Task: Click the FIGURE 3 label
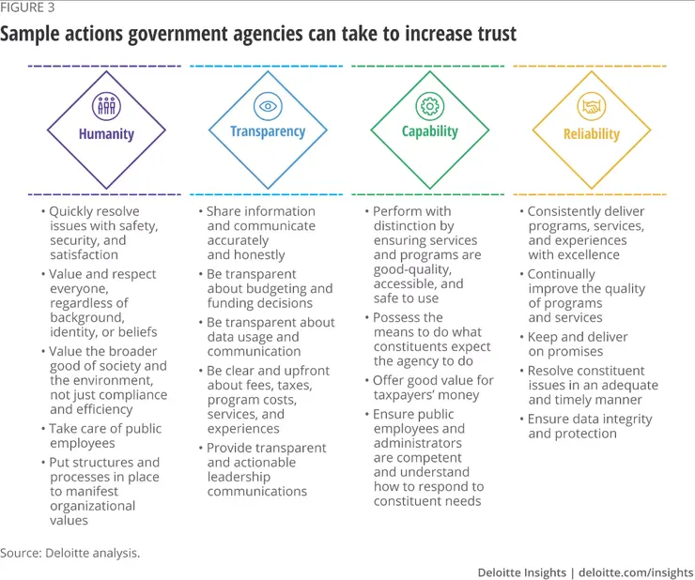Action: coord(28,10)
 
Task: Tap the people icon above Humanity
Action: coord(105,105)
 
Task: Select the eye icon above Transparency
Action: coord(268,106)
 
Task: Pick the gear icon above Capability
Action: coord(430,105)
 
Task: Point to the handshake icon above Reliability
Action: coord(592,107)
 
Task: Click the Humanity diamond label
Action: coord(105,134)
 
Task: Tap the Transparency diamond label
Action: coord(268,131)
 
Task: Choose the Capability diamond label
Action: coord(430,131)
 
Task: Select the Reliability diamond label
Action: coord(592,134)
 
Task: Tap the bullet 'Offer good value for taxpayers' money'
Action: coord(432,388)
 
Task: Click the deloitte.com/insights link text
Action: coord(637,572)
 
